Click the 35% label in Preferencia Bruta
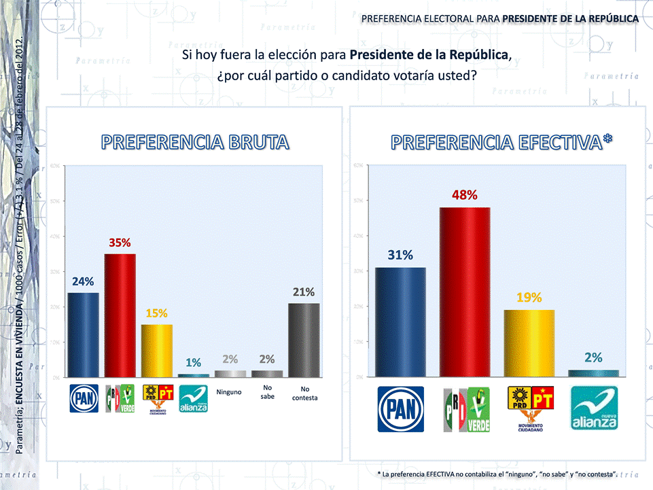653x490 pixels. pyautogui.click(x=120, y=242)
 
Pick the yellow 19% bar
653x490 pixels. pyautogui.click(x=529, y=343)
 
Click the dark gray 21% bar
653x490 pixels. pyautogui.click(x=304, y=339)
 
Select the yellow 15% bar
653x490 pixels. pyautogui.click(x=157, y=350)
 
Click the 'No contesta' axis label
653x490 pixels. pyautogui.click(x=304, y=393)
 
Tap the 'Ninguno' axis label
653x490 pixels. pyautogui.click(x=229, y=392)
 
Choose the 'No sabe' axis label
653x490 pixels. pyautogui.click(x=267, y=391)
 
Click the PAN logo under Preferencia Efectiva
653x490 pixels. pyautogui.click(x=401, y=409)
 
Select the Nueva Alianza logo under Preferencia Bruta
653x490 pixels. pyautogui.click(x=193, y=399)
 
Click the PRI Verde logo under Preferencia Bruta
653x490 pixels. pyautogui.click(x=120, y=399)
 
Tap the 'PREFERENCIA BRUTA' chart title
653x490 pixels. pyautogui.click(x=196, y=142)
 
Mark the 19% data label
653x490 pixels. pyautogui.click(x=529, y=298)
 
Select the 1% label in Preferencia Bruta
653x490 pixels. pyautogui.click(x=194, y=362)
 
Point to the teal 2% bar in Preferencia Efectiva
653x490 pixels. pyautogui.click(x=593, y=372)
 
